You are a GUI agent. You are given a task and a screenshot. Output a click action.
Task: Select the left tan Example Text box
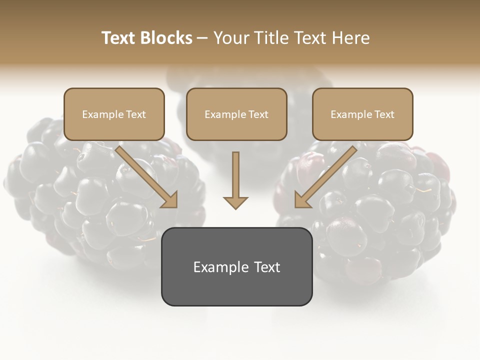(114, 114)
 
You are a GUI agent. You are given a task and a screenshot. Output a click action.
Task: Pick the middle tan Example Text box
(236, 114)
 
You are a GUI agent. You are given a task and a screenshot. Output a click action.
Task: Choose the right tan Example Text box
(362, 114)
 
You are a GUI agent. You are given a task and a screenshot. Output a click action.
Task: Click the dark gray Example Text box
(236, 266)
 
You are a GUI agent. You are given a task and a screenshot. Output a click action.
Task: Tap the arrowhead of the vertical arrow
(235, 202)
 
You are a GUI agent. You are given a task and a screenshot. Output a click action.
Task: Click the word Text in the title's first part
(119, 38)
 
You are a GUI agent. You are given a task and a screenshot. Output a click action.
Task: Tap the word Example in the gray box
(216, 267)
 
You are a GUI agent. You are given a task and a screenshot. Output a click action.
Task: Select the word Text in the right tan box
(383, 114)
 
